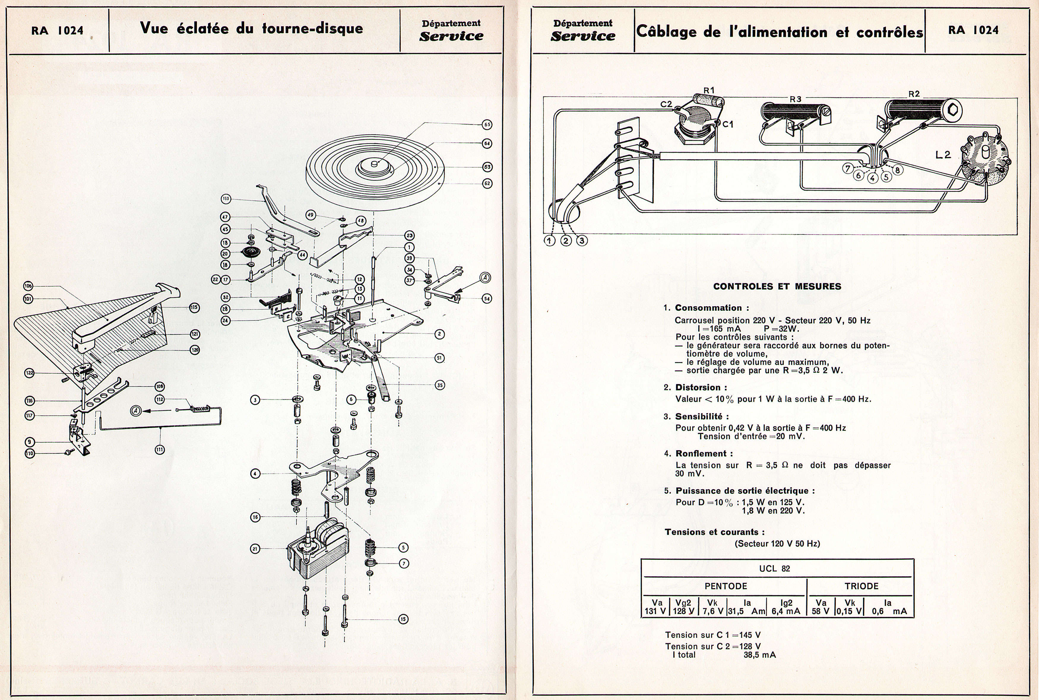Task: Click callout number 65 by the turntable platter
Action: (x=487, y=125)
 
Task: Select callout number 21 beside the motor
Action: (x=255, y=549)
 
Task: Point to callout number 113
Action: (x=226, y=199)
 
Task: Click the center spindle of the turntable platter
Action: (x=375, y=164)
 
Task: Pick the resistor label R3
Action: (x=795, y=99)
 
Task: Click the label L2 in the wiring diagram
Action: (x=943, y=155)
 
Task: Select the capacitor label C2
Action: (x=666, y=104)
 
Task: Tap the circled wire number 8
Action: (x=897, y=170)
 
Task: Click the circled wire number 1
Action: (x=549, y=241)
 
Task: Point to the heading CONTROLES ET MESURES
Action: (x=777, y=287)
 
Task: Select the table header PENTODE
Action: (x=726, y=586)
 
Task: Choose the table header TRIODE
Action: (x=861, y=586)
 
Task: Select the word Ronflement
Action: (x=704, y=454)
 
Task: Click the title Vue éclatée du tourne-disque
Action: (x=251, y=28)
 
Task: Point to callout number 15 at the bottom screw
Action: (x=403, y=619)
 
